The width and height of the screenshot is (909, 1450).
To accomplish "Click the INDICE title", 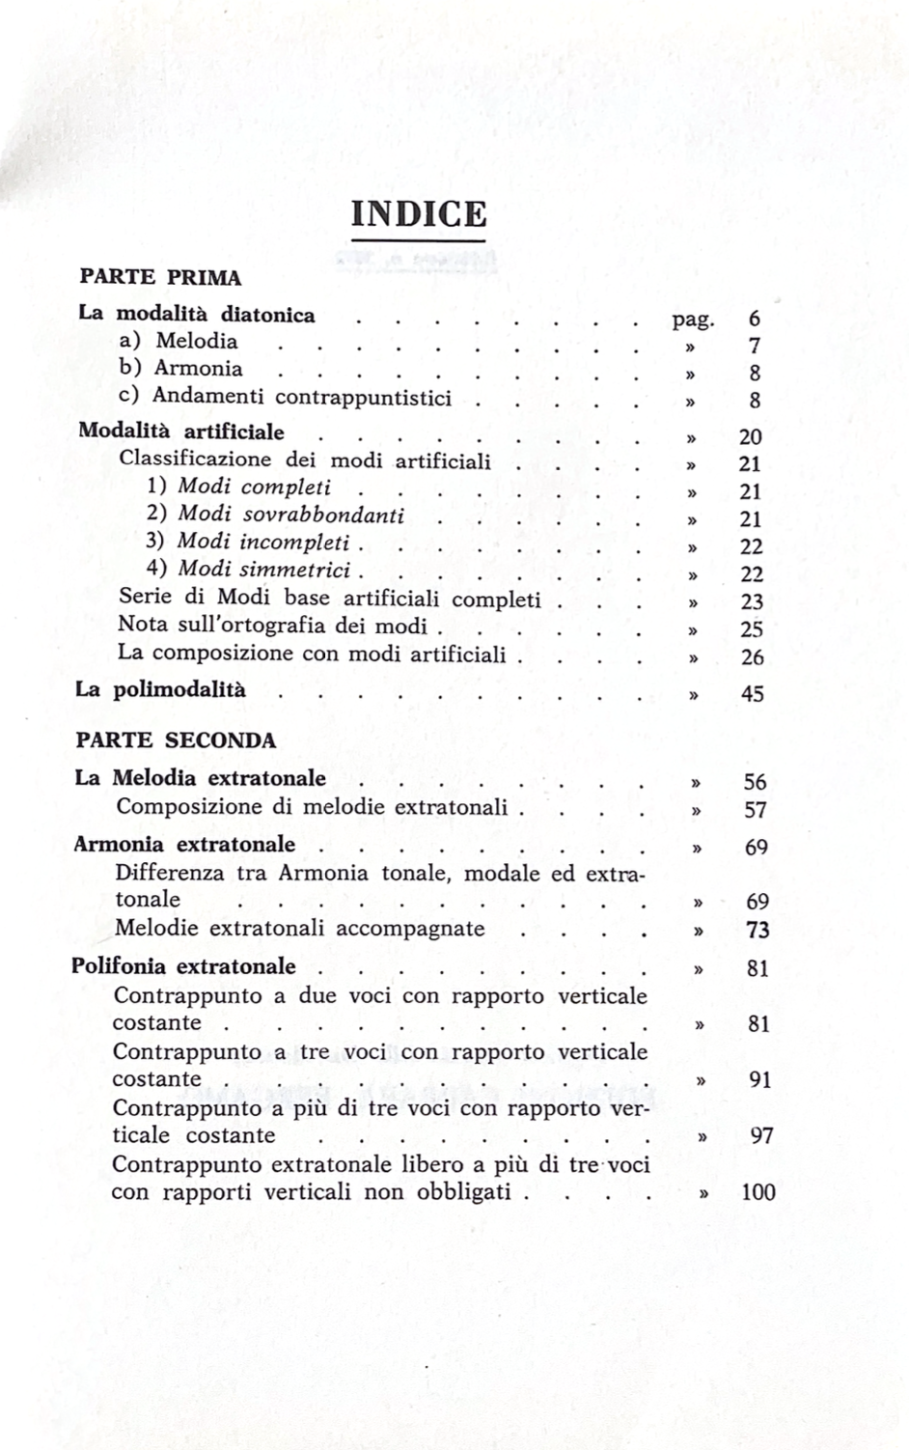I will point(419,213).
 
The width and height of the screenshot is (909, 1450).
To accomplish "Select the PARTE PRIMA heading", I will point(160,277).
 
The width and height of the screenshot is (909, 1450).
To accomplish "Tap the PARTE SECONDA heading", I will point(177,740).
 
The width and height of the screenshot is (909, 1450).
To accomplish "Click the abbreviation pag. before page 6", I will point(693,320).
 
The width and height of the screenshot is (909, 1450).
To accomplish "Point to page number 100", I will point(758,1192).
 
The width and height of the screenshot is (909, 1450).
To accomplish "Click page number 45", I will point(752,693).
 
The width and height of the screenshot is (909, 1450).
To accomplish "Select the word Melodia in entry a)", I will point(197,342).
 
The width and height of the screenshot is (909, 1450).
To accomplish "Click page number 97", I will point(761,1136).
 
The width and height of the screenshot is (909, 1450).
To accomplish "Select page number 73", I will point(757,931).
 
